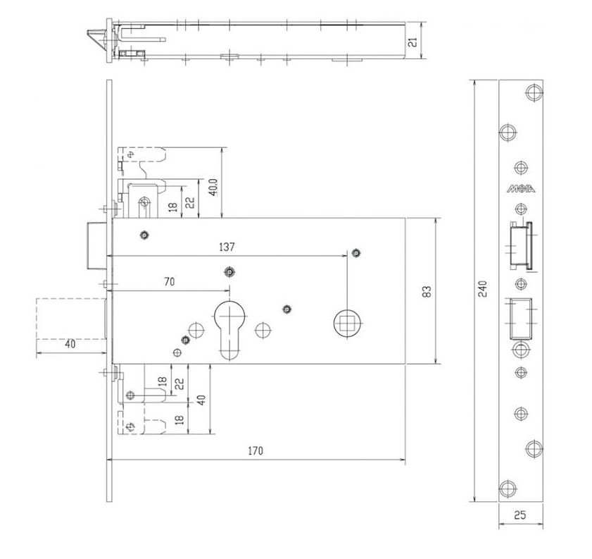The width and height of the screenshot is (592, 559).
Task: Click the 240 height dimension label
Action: click(482, 289)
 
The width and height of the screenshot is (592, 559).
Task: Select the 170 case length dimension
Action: click(256, 451)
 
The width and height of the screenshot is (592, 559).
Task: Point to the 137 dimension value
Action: click(226, 247)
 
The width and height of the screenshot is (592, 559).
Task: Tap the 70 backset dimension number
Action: click(169, 281)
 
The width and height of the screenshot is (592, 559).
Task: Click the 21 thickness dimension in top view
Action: click(413, 42)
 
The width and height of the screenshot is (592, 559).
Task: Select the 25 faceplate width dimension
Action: click(519, 515)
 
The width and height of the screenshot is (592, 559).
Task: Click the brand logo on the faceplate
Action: click(521, 189)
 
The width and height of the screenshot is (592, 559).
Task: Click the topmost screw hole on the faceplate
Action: click(534, 92)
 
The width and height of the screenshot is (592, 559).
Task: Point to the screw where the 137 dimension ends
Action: click(355, 253)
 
